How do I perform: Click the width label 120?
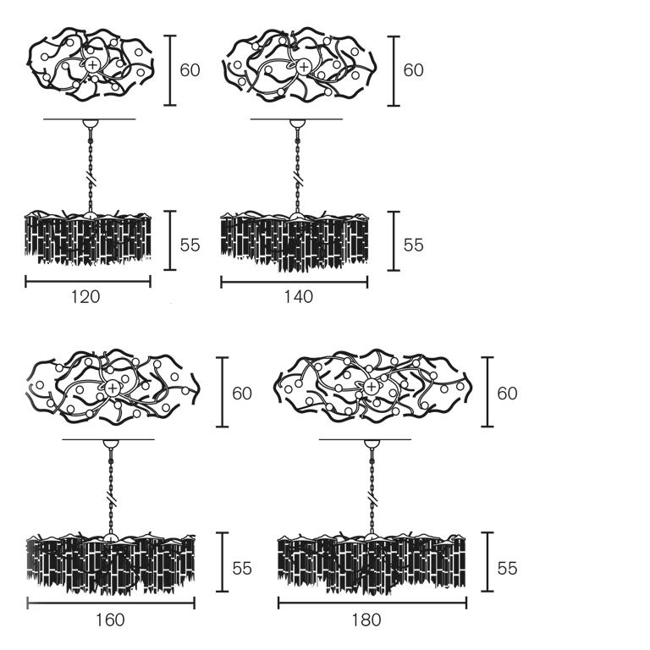(x=85, y=297)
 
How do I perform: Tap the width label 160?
(x=110, y=620)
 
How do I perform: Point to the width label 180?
(x=366, y=620)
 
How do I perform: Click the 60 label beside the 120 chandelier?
(x=190, y=70)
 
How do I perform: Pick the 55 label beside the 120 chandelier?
(x=190, y=245)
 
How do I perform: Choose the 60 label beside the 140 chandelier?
(x=413, y=70)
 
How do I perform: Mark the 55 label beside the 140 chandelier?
(x=413, y=245)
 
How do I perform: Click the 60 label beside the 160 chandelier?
(x=242, y=394)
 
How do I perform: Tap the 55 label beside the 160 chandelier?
(x=242, y=568)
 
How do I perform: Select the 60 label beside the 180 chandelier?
(x=507, y=394)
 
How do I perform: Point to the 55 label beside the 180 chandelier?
(x=507, y=568)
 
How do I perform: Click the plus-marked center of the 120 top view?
(x=91, y=65)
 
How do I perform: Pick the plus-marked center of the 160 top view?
(x=112, y=388)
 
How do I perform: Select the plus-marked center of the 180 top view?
(x=372, y=388)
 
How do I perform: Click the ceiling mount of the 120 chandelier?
(x=88, y=124)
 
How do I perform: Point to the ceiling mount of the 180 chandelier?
(x=370, y=444)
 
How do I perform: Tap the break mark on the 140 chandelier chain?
(x=297, y=179)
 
